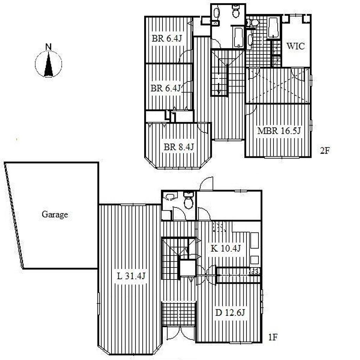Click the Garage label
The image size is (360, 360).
54,215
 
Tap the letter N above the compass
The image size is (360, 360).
49,47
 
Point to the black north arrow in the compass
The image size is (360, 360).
49,64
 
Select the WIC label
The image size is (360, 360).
296,46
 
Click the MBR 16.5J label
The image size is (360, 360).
279,131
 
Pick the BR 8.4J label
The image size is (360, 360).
179,147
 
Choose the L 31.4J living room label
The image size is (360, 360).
131,276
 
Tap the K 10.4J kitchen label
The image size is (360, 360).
225,248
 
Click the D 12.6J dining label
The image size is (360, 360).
230,313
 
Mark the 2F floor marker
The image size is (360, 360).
324,151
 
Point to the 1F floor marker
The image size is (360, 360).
273,337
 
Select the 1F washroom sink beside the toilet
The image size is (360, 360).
170,197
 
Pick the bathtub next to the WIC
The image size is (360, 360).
273,27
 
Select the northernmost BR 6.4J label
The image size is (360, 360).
167,38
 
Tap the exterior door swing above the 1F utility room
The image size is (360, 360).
206,184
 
